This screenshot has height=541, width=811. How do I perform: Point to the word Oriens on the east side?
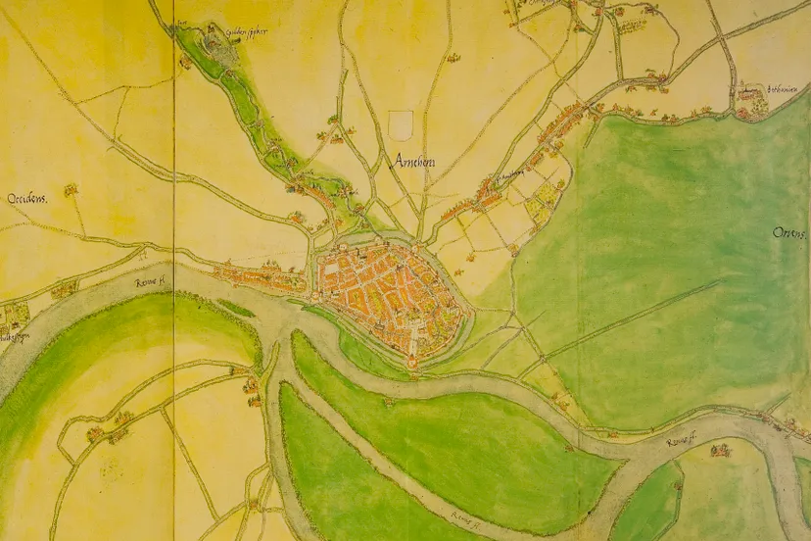pyautogui.click(x=787, y=233)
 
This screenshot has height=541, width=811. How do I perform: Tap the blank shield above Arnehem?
pyautogui.click(x=400, y=124)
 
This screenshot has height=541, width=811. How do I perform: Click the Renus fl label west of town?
pyautogui.click(x=151, y=282)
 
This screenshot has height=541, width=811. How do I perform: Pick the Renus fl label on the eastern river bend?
pyautogui.click(x=683, y=443)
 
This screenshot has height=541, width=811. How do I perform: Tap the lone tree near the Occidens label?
pyautogui.click(x=71, y=190)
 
